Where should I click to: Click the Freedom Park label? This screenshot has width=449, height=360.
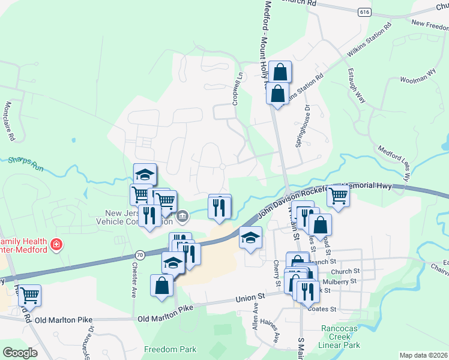(x=170, y=349)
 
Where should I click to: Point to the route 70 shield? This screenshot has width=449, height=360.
(x=139, y=255)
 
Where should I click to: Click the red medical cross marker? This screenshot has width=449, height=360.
(x=56, y=245)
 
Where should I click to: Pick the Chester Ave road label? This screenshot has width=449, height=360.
(x=133, y=279)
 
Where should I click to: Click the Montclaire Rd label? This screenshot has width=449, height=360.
(x=10, y=120)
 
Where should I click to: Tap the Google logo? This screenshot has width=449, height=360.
(x=20, y=352)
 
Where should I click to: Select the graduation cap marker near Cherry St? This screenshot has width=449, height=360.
(x=250, y=238)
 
